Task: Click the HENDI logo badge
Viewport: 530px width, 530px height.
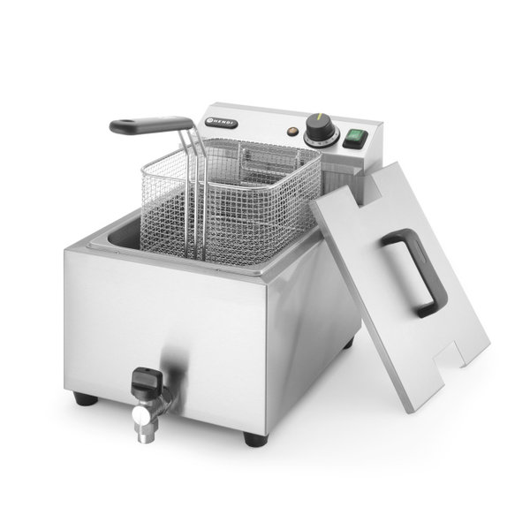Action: tap(219, 123)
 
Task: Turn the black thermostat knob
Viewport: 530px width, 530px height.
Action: tap(318, 131)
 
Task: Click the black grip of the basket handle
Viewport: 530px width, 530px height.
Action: tap(150, 125)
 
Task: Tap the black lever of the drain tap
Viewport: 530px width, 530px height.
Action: tap(144, 381)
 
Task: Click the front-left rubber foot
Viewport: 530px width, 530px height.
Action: tap(86, 398)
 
